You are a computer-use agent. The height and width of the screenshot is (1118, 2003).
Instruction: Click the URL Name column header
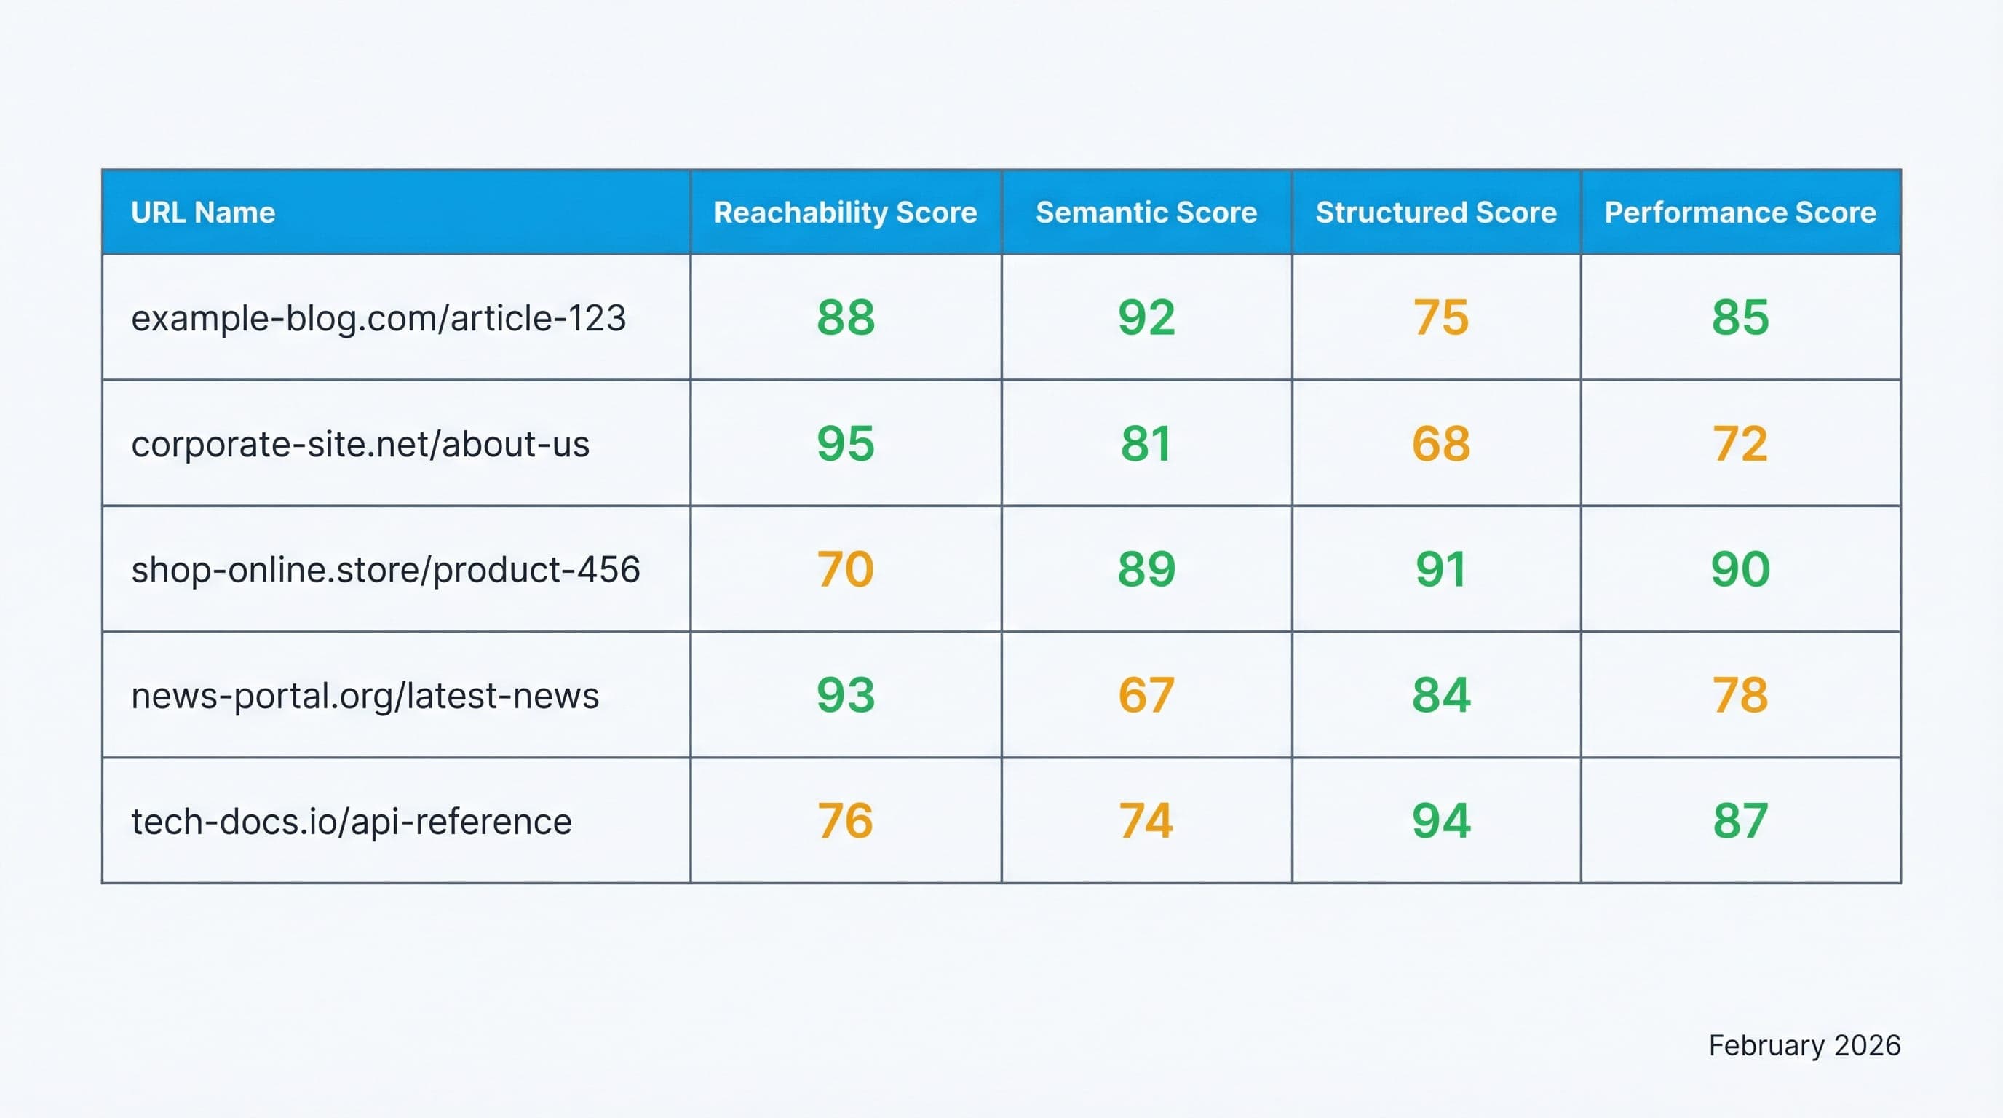coord(203,213)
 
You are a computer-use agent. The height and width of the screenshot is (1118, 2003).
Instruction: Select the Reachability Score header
coord(845,213)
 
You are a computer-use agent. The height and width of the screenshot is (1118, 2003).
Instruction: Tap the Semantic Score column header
coord(1146,213)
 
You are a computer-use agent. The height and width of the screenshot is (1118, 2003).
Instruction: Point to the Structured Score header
coord(1436,213)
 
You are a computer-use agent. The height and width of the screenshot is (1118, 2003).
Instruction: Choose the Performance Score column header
coord(1740,213)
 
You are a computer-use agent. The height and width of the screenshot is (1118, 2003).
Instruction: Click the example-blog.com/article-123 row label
coord(378,318)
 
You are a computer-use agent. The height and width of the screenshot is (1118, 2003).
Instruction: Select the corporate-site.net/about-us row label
coord(360,444)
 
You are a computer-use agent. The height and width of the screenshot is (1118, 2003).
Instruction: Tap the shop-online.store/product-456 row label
coord(385,570)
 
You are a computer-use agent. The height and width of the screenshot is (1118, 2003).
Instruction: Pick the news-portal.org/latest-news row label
coord(365,696)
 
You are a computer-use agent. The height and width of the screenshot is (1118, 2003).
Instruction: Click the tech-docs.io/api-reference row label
coord(352,822)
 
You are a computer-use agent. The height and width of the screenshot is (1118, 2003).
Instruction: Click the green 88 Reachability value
coord(845,317)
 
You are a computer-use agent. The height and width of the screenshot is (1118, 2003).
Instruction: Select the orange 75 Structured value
coord(1441,317)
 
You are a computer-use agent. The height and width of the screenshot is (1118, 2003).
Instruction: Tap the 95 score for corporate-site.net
coord(845,443)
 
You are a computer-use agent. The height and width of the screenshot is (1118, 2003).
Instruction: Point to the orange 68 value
coord(1441,443)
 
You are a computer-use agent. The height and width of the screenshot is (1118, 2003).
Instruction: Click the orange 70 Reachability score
coord(845,569)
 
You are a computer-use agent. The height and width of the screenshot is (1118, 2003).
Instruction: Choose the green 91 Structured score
coord(1441,569)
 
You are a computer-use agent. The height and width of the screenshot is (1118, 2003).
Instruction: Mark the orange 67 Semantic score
coord(1146,695)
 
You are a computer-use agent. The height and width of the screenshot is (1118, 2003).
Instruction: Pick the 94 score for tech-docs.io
coord(1441,821)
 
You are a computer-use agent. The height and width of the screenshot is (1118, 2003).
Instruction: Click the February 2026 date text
coord(1804,1046)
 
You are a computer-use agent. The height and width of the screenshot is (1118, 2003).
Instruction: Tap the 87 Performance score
coord(1740,821)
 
